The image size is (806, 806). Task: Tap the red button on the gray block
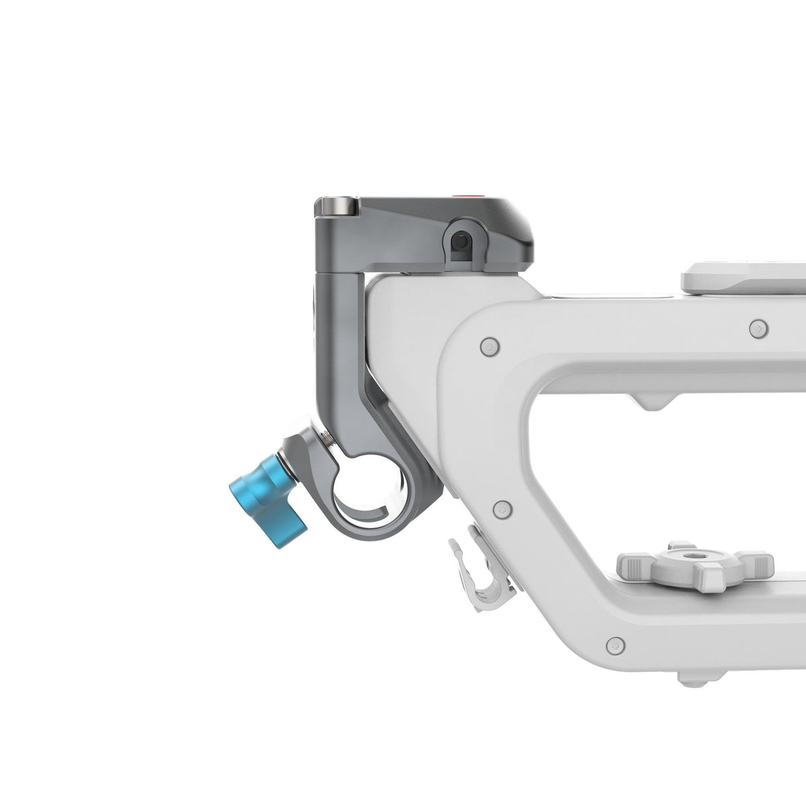(x=460, y=197)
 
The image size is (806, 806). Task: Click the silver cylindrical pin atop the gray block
(x=338, y=206)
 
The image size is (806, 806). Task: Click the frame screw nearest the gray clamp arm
(x=490, y=346)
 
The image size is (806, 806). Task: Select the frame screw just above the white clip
(x=503, y=509)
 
